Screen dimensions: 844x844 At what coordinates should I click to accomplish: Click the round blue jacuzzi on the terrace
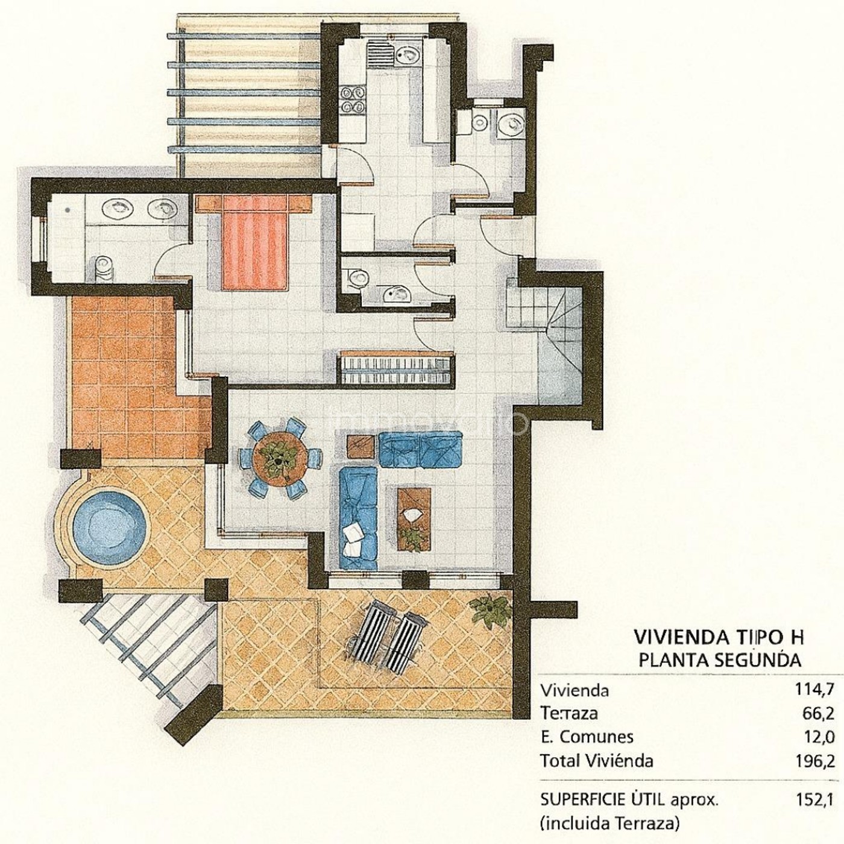109,524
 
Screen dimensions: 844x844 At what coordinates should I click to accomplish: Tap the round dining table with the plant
278,459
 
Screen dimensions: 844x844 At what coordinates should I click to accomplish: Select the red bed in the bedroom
256,242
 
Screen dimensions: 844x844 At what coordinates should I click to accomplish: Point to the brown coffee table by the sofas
414,519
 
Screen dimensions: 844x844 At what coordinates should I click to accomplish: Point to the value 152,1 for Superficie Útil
814,800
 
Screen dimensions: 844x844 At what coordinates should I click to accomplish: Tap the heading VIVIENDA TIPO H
719,650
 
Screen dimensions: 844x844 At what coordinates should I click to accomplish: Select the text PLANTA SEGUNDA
720,672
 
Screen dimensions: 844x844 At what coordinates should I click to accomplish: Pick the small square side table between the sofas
361,447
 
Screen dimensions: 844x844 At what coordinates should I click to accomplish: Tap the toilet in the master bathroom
104,268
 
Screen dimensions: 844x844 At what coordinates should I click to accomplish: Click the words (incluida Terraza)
609,824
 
